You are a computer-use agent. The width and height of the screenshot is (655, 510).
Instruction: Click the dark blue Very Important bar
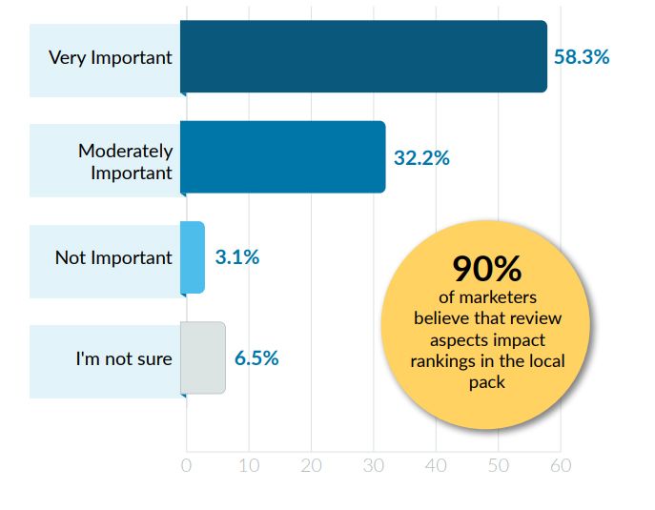click(363, 57)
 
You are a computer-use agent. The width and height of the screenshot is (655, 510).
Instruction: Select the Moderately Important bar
click(282, 157)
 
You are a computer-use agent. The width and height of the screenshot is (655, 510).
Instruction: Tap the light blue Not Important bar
click(193, 257)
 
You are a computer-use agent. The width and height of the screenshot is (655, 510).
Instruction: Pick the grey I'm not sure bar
click(203, 358)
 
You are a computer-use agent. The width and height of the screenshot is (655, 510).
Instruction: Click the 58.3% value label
click(582, 57)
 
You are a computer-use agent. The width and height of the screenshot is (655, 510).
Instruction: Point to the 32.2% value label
click(421, 158)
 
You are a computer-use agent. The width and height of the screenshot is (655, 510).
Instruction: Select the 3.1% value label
click(236, 257)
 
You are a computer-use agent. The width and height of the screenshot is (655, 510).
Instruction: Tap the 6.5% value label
click(256, 358)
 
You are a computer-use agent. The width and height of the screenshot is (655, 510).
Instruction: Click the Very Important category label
click(111, 57)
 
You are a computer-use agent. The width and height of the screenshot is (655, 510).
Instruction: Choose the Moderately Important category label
click(126, 161)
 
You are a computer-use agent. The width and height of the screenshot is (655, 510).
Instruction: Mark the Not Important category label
click(113, 257)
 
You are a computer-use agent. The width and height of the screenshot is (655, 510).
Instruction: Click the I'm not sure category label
click(124, 359)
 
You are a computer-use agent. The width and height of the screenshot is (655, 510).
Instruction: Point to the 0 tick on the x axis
click(186, 465)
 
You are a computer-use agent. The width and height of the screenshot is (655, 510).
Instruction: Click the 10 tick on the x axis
click(249, 465)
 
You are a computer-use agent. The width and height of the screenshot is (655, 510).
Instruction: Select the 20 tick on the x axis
click(311, 465)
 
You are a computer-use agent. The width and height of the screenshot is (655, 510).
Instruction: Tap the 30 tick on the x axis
click(374, 465)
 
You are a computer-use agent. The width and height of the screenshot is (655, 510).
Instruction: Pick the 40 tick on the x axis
click(436, 465)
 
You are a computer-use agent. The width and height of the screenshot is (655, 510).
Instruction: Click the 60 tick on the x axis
click(561, 465)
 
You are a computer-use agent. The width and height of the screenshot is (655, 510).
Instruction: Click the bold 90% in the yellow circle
click(486, 269)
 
